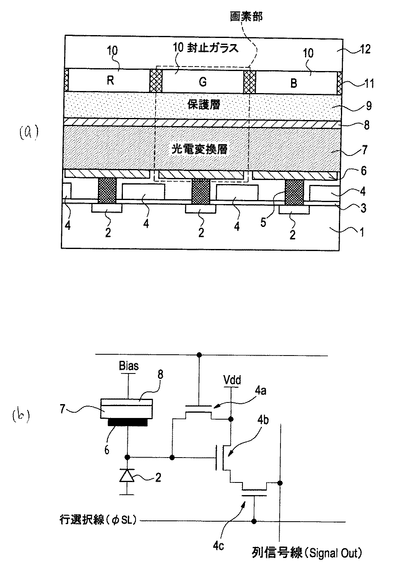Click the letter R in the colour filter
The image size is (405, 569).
[110, 80]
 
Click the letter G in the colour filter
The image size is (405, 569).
[202, 82]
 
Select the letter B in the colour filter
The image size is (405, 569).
[294, 83]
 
